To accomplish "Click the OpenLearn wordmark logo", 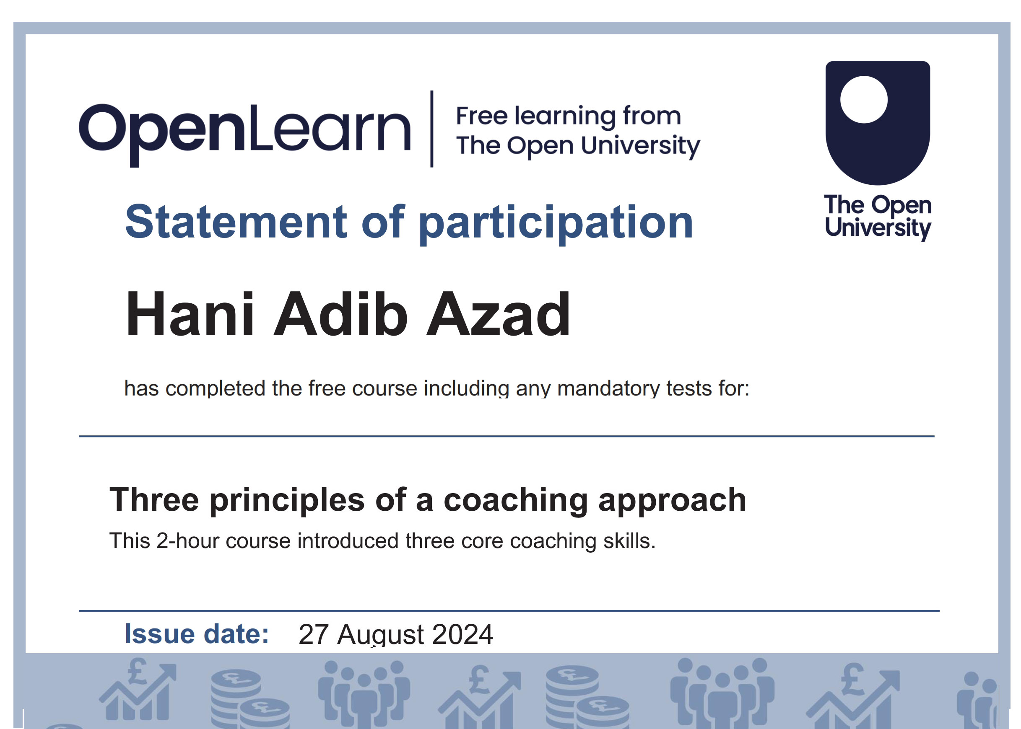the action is [x=245, y=133].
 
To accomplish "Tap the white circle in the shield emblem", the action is [x=863, y=99].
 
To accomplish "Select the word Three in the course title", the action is [x=154, y=499].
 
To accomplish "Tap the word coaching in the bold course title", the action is [x=516, y=501].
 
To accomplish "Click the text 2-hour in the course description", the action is [x=187, y=540].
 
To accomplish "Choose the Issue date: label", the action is [x=197, y=634].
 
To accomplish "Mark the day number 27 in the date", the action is [x=313, y=634].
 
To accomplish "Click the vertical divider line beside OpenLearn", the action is [x=431, y=129].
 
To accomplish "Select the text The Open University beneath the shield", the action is [x=878, y=217].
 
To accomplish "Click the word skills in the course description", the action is [x=629, y=540].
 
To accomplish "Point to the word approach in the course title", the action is [x=672, y=501].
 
